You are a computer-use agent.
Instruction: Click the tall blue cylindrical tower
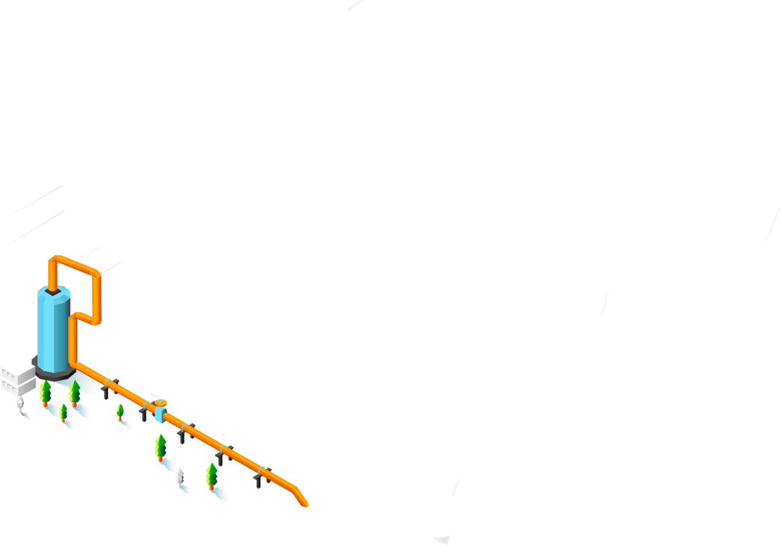53,329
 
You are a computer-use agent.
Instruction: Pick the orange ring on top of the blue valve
160,403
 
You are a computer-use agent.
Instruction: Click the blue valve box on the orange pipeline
160,415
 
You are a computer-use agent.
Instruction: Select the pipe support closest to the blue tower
108,388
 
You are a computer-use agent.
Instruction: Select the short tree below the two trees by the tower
64,412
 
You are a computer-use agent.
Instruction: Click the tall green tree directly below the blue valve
160,446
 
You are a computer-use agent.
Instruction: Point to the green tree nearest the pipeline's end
212,474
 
